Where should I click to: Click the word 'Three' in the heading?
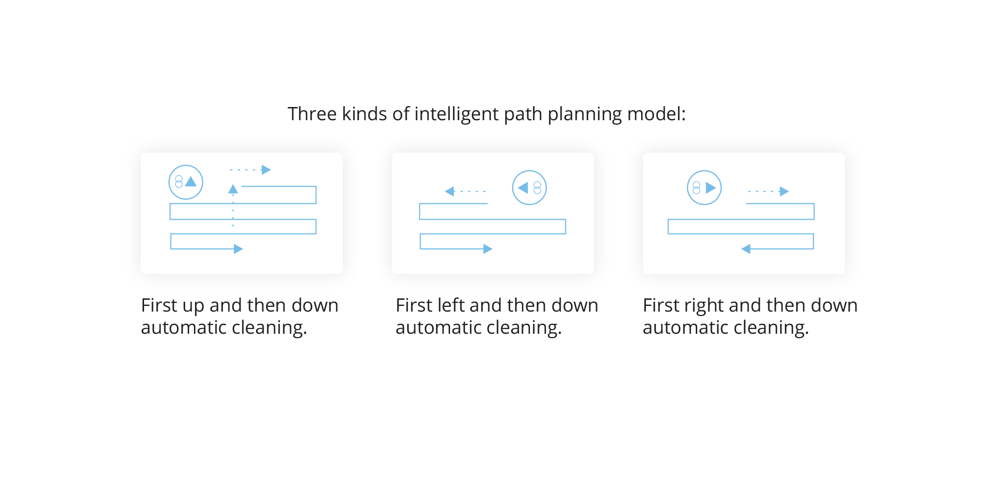click(x=312, y=114)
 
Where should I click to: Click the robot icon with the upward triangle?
click(x=186, y=182)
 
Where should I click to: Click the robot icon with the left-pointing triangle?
click(x=529, y=188)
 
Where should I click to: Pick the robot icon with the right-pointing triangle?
click(x=704, y=188)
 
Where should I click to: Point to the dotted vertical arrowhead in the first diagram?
click(x=233, y=189)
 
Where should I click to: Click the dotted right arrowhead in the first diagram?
click(x=266, y=170)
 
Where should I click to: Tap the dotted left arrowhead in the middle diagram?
click(x=450, y=191)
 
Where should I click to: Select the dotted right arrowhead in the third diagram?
click(x=784, y=191)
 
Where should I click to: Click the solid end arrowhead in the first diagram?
click(x=239, y=249)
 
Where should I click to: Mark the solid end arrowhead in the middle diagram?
click(x=488, y=249)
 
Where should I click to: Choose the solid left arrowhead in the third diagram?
click(x=746, y=249)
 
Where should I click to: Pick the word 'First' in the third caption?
click(x=661, y=305)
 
